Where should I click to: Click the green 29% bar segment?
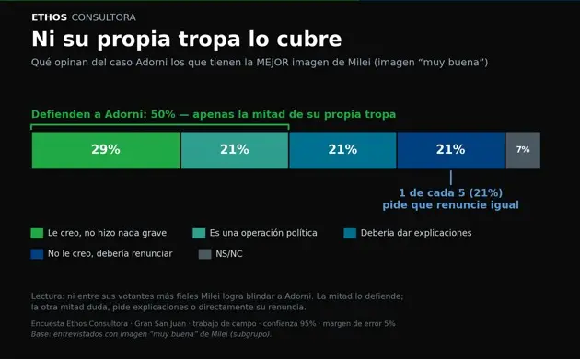pos(106,150)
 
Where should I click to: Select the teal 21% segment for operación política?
pos(235,150)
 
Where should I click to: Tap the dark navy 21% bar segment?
pos(451,150)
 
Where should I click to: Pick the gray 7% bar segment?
pos(523,150)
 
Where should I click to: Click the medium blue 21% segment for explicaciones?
pos(342,150)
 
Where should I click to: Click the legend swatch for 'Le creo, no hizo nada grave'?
pos(37,233)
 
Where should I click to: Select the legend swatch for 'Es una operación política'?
pos(199,233)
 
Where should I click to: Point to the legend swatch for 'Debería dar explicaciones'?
pos(350,233)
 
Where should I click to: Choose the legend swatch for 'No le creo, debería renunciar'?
pos(37,254)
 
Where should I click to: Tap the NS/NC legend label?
pos(229,254)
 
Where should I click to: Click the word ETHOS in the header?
pos(49,17)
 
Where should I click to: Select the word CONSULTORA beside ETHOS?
pos(103,17)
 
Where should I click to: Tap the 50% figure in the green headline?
pos(163,114)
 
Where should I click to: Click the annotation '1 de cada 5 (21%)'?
pos(450,192)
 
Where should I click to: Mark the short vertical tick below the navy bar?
pos(451,178)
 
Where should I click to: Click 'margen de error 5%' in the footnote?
pos(359,324)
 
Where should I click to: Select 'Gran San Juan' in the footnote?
pos(160,324)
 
